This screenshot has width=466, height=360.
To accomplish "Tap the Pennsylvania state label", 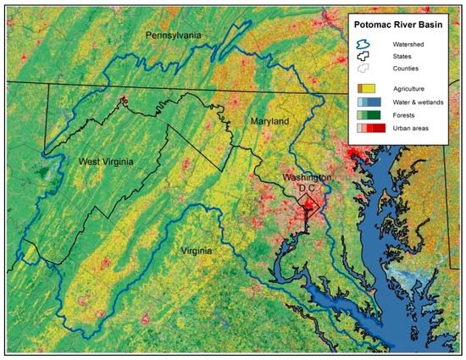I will (x=174, y=36).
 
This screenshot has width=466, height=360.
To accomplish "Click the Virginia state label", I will (x=196, y=252).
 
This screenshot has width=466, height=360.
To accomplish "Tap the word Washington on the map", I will (x=308, y=179).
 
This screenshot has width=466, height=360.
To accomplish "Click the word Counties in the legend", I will (x=403, y=69).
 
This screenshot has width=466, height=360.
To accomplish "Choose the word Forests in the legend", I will (x=402, y=114).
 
